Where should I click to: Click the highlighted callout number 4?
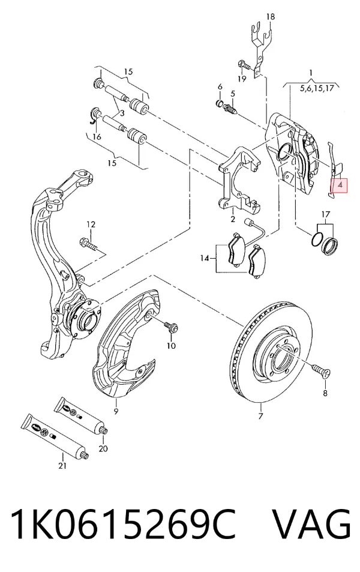(340, 185)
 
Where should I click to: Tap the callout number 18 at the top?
(270, 16)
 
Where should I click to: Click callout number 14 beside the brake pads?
(205, 258)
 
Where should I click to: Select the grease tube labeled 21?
(55, 436)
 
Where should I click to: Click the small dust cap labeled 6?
(220, 103)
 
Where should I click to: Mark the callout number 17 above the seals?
(326, 214)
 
